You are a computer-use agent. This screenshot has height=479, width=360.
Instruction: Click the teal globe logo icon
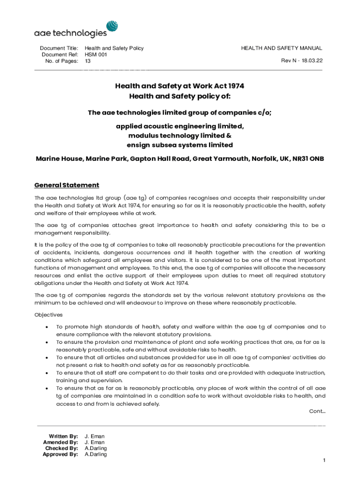pos(112,27)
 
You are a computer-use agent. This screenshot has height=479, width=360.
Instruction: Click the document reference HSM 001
pos(96,55)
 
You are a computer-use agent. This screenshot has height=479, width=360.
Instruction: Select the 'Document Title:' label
pos(59,48)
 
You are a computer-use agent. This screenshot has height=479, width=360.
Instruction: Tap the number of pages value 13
pos(87,61)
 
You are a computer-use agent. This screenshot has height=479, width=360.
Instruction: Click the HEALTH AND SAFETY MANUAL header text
pos(281,48)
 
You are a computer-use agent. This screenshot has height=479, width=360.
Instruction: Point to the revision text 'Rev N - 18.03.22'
pos(302,61)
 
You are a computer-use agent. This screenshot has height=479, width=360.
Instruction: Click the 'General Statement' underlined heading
pos(66,185)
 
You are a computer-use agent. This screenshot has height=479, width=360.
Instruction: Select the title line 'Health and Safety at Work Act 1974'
pos(180,86)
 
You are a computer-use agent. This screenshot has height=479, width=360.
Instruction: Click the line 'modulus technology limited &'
pos(180,136)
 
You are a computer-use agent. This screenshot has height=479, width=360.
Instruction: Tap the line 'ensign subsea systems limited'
pos(180,145)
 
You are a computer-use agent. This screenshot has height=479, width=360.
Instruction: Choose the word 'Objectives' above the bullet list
pos(49,315)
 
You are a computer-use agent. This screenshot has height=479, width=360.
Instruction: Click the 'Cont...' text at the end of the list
pos(317,411)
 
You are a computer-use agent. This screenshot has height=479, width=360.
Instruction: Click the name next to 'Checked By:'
pos(95,448)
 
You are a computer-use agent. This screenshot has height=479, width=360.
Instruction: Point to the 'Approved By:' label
pos(60,454)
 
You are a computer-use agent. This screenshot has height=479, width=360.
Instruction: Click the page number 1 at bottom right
pos(324,461)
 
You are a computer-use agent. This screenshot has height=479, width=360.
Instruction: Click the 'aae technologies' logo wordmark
pos(70,33)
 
